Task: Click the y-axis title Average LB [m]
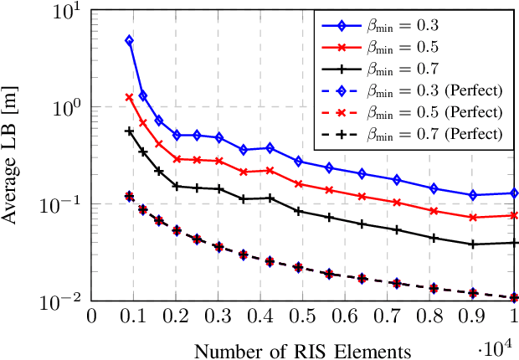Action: pyautogui.click(x=13, y=156)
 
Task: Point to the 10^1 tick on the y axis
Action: pyautogui.click(x=67, y=12)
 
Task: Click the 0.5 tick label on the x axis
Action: pyautogui.click(x=303, y=318)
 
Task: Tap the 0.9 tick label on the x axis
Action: pyautogui.click(x=473, y=318)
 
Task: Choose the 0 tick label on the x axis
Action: pyautogui.click(x=91, y=318)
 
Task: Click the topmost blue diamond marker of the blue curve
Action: pyautogui.click(x=129, y=40)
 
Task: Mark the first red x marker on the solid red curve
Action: pyautogui.click(x=129, y=97)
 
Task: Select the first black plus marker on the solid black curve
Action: pyautogui.click(x=129, y=131)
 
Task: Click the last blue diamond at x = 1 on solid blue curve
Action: pyautogui.click(x=514, y=193)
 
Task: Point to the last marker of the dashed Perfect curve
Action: pyautogui.click(x=514, y=297)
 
